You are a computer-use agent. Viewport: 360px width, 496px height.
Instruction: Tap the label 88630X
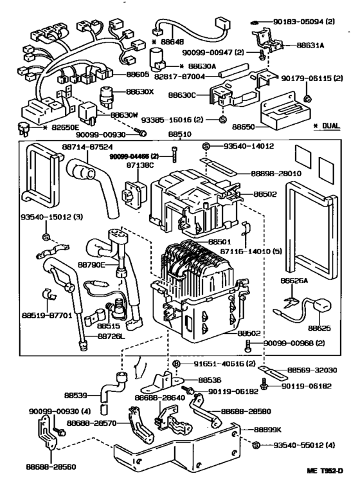(140, 92)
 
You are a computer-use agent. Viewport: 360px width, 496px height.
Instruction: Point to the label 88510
(180, 136)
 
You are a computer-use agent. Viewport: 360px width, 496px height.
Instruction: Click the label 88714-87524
(85, 147)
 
